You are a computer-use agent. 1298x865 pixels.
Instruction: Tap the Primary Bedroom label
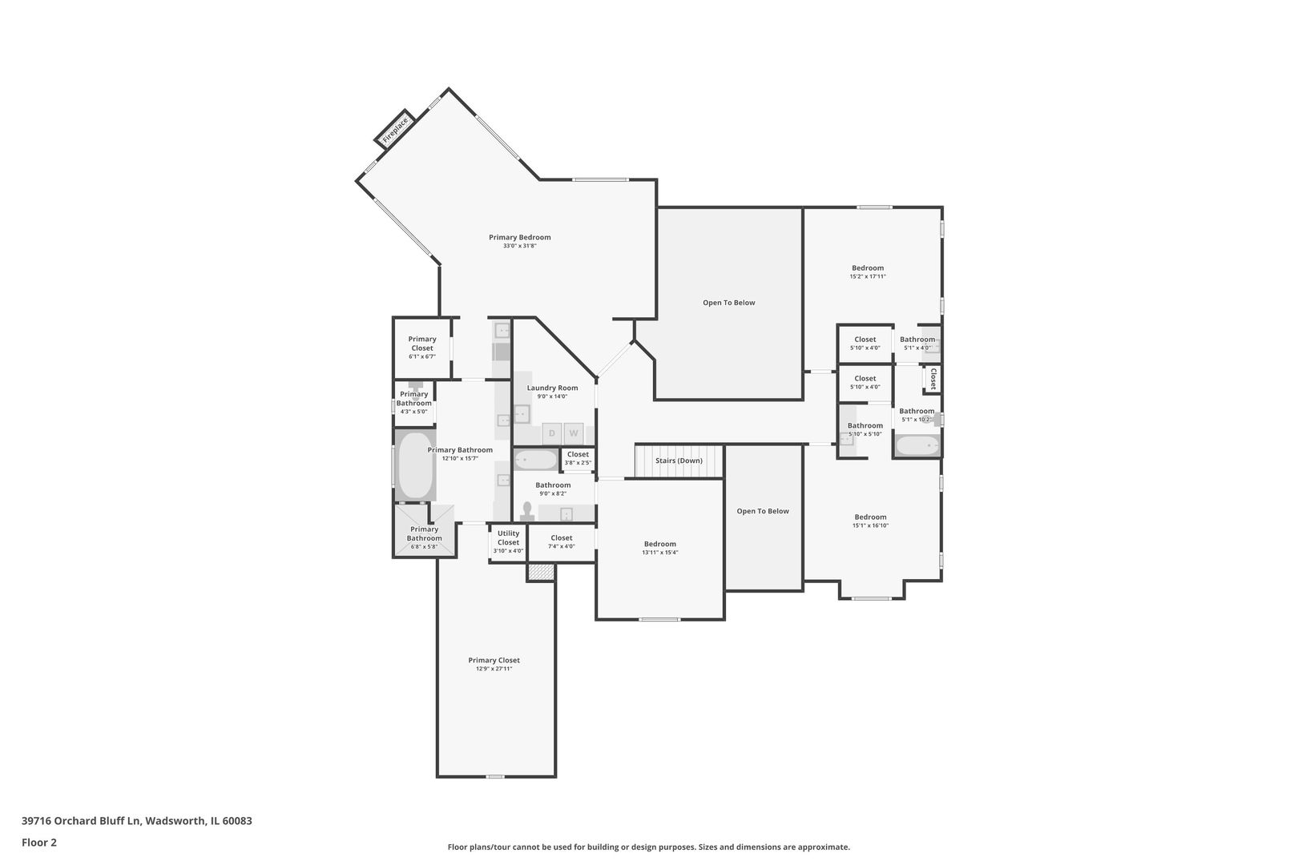(520, 237)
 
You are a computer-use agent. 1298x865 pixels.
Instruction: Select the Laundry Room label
(552, 388)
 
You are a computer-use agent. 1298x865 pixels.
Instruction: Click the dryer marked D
(551, 433)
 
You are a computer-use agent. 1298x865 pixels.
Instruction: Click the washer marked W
(574, 433)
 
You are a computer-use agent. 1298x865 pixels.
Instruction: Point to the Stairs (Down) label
(679, 461)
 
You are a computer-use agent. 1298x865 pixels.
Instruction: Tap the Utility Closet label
(508, 537)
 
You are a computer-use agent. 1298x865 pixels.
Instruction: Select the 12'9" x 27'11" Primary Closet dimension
(494, 669)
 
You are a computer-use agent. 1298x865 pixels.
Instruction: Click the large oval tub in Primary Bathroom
(414, 465)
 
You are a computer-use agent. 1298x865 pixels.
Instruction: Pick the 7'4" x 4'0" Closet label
(562, 538)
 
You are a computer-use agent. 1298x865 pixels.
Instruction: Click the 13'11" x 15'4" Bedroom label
(660, 545)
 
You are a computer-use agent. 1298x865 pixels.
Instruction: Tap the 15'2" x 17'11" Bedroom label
(868, 268)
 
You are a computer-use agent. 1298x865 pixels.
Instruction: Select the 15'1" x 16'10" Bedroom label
(870, 517)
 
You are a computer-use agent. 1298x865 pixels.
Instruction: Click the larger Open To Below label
(729, 303)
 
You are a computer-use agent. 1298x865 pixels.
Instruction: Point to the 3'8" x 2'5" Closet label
(578, 454)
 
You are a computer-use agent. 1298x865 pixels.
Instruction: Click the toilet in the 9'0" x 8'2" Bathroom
(527, 511)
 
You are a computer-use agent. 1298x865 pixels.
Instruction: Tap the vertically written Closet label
(933, 378)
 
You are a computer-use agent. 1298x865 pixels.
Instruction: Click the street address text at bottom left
(137, 821)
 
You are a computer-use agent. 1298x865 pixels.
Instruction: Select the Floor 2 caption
(39, 843)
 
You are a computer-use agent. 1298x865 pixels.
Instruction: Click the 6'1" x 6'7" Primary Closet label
(422, 344)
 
